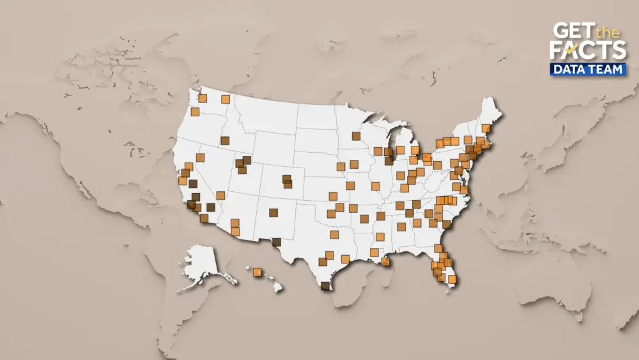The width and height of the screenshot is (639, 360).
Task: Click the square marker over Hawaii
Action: point(258,272)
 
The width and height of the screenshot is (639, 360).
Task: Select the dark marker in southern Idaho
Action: point(225,141)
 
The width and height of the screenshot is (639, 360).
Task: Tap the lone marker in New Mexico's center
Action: point(273,213)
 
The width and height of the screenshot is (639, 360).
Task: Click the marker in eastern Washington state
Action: point(226,99)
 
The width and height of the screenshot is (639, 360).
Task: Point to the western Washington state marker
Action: point(203,98)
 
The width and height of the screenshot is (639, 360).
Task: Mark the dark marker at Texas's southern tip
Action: point(325,286)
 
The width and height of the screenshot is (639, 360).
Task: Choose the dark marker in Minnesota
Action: point(356,136)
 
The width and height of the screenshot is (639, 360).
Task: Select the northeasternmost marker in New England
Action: point(486,127)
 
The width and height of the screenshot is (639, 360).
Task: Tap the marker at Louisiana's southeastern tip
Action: point(385,262)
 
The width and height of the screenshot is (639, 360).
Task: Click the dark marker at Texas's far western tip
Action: point(276,242)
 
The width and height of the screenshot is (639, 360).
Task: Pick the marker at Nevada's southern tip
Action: point(220,196)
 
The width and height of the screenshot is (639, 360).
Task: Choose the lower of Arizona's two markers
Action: point(235,231)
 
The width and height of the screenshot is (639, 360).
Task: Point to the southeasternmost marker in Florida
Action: point(452,279)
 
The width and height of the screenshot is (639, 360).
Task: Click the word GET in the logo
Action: point(571,31)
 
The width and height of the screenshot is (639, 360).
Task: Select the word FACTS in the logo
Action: point(588,51)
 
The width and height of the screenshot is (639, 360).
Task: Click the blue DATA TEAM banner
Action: point(587,69)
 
